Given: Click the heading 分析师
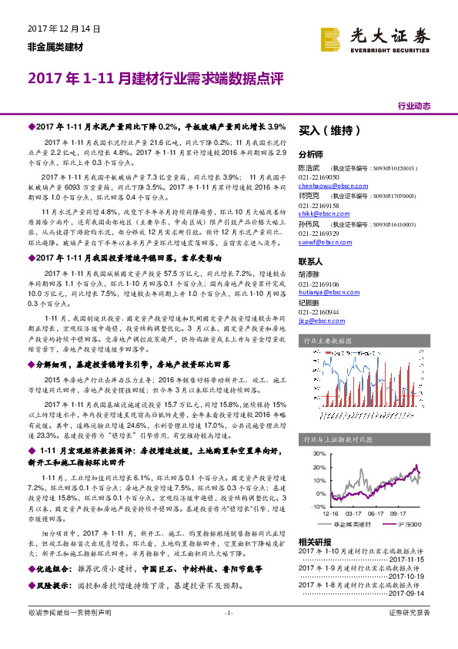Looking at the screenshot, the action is (x=311, y=153).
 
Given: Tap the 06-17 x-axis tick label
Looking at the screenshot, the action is (x=355, y=512).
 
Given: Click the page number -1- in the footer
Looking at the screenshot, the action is (x=228, y=634).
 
